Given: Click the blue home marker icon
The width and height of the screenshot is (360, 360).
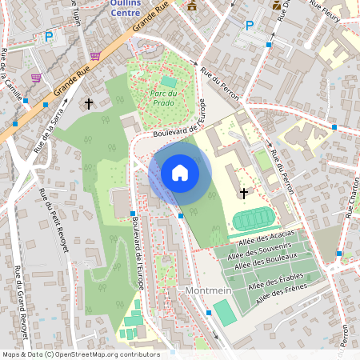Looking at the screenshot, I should (x=180, y=172).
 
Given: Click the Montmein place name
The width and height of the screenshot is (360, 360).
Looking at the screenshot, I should (x=207, y=291).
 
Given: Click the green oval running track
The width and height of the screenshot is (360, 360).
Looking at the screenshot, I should (x=253, y=218).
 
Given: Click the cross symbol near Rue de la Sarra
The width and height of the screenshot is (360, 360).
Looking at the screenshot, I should (x=89, y=104).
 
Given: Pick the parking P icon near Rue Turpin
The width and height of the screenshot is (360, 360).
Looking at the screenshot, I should (x=49, y=36).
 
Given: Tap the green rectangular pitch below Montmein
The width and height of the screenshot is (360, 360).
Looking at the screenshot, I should (x=225, y=312).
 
